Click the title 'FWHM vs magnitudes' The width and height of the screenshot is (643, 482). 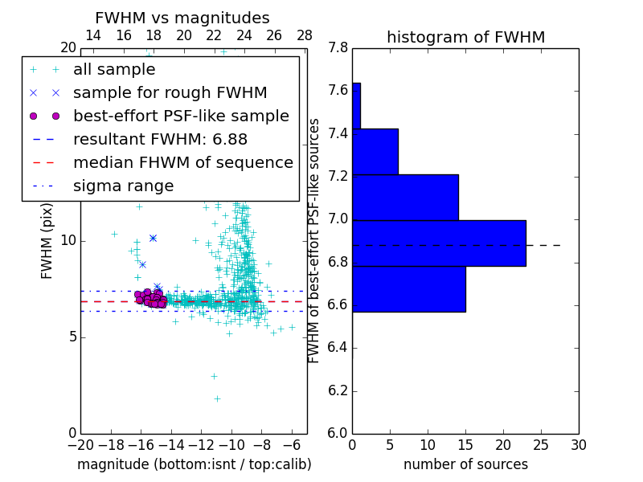pyautogui.click(x=182, y=18)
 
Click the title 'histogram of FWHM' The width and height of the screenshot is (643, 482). pyautogui.click(x=465, y=37)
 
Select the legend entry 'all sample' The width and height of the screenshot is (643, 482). pyautogui.click(x=114, y=70)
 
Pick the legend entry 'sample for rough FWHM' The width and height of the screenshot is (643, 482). pyautogui.click(x=170, y=92)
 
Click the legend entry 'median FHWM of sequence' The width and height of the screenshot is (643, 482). pyautogui.click(x=182, y=162)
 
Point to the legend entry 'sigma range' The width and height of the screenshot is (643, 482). pyautogui.click(x=123, y=186)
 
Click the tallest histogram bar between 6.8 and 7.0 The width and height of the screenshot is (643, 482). pyautogui.click(x=439, y=243)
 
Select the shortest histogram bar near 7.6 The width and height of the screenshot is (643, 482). pyautogui.click(x=356, y=105)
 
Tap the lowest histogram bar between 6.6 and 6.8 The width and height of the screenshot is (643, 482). pyautogui.click(x=408, y=288)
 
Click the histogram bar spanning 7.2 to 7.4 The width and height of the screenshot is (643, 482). pyautogui.click(x=375, y=151)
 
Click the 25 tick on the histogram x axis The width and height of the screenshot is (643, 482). pyautogui.click(x=541, y=444)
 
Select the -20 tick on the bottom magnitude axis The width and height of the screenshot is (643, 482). pyautogui.click(x=80, y=444)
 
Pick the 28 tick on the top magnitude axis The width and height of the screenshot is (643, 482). pyautogui.click(x=305, y=35)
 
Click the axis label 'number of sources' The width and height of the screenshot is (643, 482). pyautogui.click(x=465, y=464)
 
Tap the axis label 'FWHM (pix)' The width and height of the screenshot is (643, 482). pyautogui.click(x=47, y=241)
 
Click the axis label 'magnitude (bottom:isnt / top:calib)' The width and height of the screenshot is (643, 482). pyautogui.click(x=194, y=464)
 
